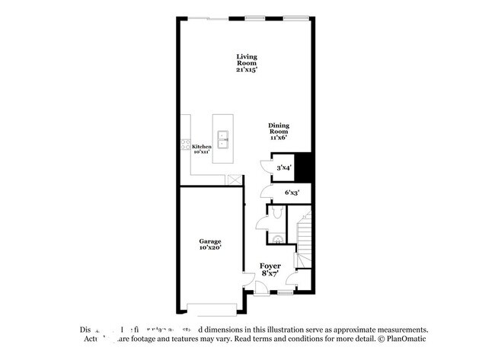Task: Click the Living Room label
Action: coord(246,56)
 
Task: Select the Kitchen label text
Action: coord(201,146)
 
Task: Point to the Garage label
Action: coord(210,241)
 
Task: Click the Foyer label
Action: coord(270,266)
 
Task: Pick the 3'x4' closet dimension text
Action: coord(283,167)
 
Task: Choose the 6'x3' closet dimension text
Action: coord(292,193)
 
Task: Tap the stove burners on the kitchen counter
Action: coord(185,146)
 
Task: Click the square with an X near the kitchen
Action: coord(233,180)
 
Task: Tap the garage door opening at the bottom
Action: coord(213,309)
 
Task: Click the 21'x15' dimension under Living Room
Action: coord(246,69)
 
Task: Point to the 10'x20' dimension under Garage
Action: coord(210,248)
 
